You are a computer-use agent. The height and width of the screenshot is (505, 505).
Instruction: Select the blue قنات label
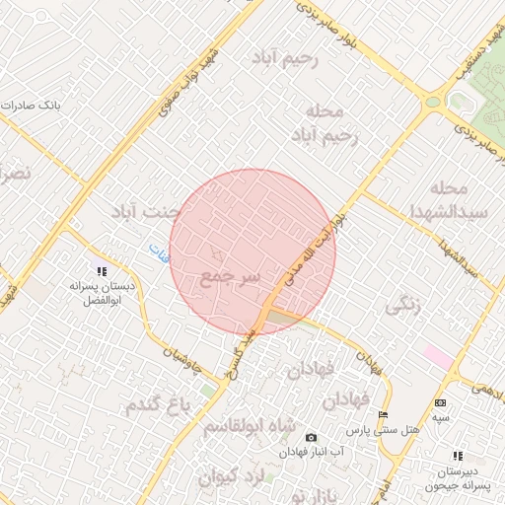(158, 252)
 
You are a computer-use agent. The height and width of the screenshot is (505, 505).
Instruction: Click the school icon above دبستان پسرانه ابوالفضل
(101, 270)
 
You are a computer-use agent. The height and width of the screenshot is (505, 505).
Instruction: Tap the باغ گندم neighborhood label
(156, 402)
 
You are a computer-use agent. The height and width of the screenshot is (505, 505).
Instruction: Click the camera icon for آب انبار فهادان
(312, 437)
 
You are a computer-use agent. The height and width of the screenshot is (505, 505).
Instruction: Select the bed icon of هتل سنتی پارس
(383, 415)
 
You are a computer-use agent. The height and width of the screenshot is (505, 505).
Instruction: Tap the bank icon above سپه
(440, 402)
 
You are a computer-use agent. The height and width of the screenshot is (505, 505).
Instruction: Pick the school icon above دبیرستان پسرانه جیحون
(458, 456)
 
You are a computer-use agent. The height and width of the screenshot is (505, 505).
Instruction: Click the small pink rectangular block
(437, 354)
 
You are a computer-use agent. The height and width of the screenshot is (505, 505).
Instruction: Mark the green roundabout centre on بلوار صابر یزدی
(432, 101)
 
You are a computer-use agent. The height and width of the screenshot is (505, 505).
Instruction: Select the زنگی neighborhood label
(403, 306)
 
